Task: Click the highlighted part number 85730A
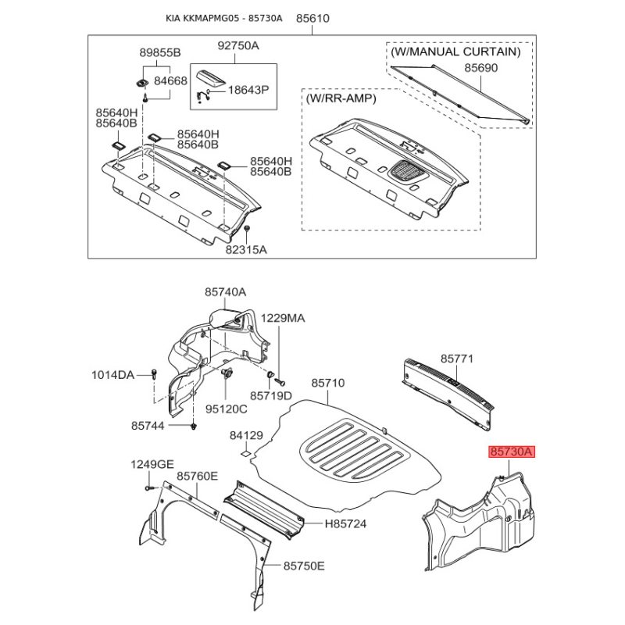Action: (x=512, y=452)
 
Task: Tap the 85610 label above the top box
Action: (x=312, y=18)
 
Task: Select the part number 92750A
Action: (x=238, y=46)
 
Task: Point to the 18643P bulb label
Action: (x=248, y=90)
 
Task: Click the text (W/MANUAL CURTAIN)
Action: (x=455, y=52)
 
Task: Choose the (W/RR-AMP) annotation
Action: (x=341, y=98)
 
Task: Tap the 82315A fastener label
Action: (x=246, y=250)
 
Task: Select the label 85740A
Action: (x=225, y=292)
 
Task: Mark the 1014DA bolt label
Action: (x=112, y=375)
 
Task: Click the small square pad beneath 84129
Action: (x=245, y=453)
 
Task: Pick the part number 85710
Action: (x=327, y=383)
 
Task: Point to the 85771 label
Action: (x=457, y=359)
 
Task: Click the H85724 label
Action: (x=345, y=523)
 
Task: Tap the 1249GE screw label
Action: (x=152, y=464)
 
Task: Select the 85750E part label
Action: (x=304, y=566)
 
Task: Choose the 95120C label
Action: (x=226, y=409)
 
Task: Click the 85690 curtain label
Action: (x=480, y=68)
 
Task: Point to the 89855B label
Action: (x=160, y=52)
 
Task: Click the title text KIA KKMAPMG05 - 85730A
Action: (x=224, y=18)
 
